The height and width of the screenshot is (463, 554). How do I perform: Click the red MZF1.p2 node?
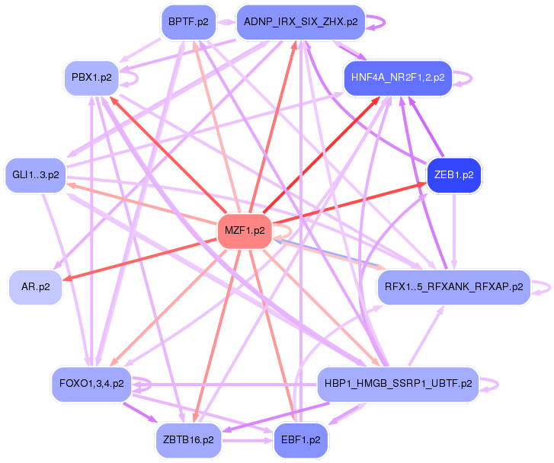click(x=245, y=231)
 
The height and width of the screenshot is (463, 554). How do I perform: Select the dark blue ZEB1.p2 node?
click(x=454, y=175)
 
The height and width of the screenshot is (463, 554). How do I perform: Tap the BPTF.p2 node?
click(x=188, y=22)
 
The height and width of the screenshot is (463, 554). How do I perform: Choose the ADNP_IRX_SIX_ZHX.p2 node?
click(x=301, y=22)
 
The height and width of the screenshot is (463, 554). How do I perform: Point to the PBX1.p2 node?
click(x=91, y=78)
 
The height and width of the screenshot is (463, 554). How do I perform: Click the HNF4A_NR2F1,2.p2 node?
click(x=399, y=78)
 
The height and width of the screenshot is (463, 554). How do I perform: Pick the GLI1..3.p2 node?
click(x=36, y=175)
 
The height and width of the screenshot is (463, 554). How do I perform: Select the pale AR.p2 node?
click(x=36, y=287)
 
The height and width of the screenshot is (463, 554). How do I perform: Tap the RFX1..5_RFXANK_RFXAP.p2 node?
click(x=454, y=287)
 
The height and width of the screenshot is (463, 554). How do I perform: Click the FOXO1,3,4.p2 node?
click(x=91, y=384)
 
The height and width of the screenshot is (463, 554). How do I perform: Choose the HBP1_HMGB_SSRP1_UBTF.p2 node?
click(x=399, y=384)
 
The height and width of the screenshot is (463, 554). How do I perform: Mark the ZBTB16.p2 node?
click(x=188, y=440)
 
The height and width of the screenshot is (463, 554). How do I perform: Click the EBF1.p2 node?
click(x=301, y=440)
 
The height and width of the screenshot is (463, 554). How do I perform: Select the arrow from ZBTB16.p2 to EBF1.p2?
click(x=248, y=440)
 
